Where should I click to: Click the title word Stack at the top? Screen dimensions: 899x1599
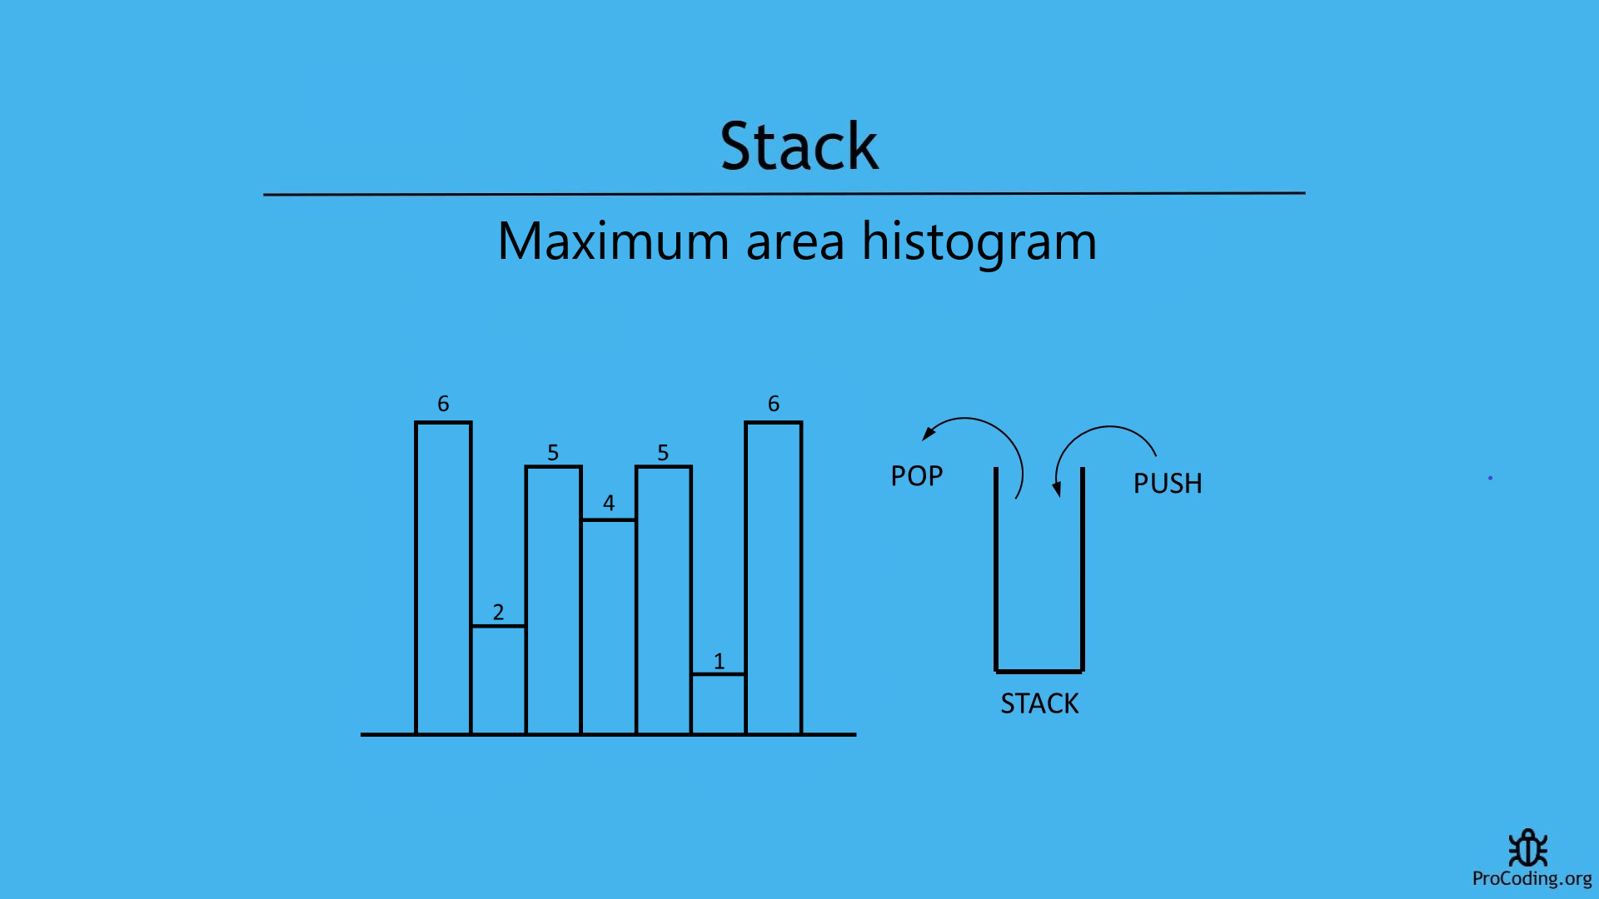799,147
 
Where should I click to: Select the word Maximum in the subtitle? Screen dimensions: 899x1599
613,241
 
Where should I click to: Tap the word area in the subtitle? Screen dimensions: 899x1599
795,241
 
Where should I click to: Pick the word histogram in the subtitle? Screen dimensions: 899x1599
979,243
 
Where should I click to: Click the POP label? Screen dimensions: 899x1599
916,476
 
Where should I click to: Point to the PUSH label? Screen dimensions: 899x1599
1168,484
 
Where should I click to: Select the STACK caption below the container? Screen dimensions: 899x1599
1039,704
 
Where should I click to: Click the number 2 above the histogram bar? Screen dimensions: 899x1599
498,612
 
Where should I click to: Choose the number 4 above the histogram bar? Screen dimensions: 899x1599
609,503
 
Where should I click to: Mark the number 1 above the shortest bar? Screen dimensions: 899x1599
719,662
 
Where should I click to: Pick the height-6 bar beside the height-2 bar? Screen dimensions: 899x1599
443,578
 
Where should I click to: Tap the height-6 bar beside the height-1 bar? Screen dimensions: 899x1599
774,578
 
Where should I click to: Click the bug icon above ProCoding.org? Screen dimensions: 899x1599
1527,848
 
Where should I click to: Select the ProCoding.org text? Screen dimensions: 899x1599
1532,879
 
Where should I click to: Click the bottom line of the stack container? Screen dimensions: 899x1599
1039,671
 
